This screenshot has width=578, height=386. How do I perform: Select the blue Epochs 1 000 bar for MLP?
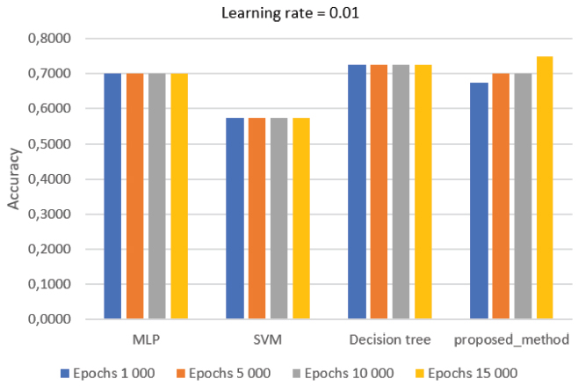(112, 196)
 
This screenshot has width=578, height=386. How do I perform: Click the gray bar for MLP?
(156, 196)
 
